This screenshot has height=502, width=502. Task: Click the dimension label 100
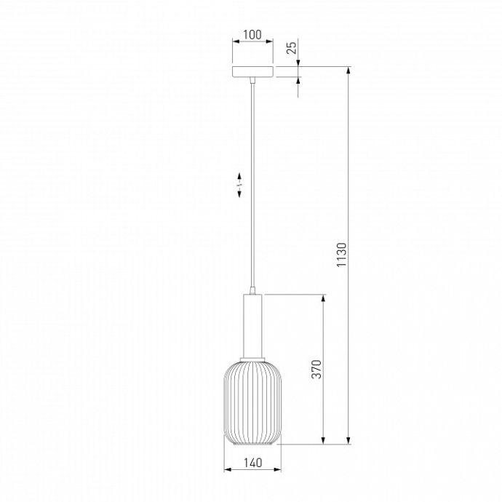pos(252,35)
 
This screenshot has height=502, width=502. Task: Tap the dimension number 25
pos(292,48)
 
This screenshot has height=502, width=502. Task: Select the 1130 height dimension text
pos(342,255)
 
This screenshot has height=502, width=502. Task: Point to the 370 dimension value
pos(316,369)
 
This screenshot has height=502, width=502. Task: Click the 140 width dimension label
pos(252,463)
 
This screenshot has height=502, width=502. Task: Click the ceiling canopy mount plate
pos(252,72)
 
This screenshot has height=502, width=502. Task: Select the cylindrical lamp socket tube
pos(252,326)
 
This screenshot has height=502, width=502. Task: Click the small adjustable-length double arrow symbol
pos(239,185)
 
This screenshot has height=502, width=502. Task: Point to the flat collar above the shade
pos(252,359)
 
